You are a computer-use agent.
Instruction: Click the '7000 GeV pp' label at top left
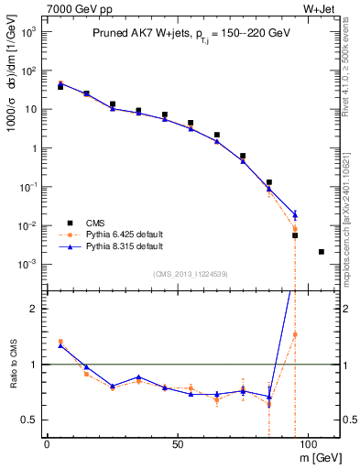pos(75,8)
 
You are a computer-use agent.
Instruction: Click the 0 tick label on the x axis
pos(47,443)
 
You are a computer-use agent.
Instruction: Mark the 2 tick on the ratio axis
pos(34,309)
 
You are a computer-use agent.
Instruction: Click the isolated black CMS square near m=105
pos(321,251)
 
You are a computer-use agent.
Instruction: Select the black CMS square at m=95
pos(295,235)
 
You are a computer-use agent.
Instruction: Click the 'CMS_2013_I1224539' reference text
pos(191,274)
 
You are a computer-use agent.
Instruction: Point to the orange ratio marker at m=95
pos(295,334)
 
